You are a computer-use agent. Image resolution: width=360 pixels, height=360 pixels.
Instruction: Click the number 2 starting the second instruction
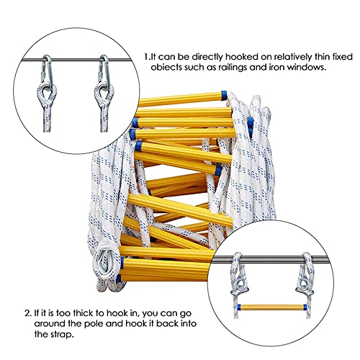(x=25, y=313)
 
